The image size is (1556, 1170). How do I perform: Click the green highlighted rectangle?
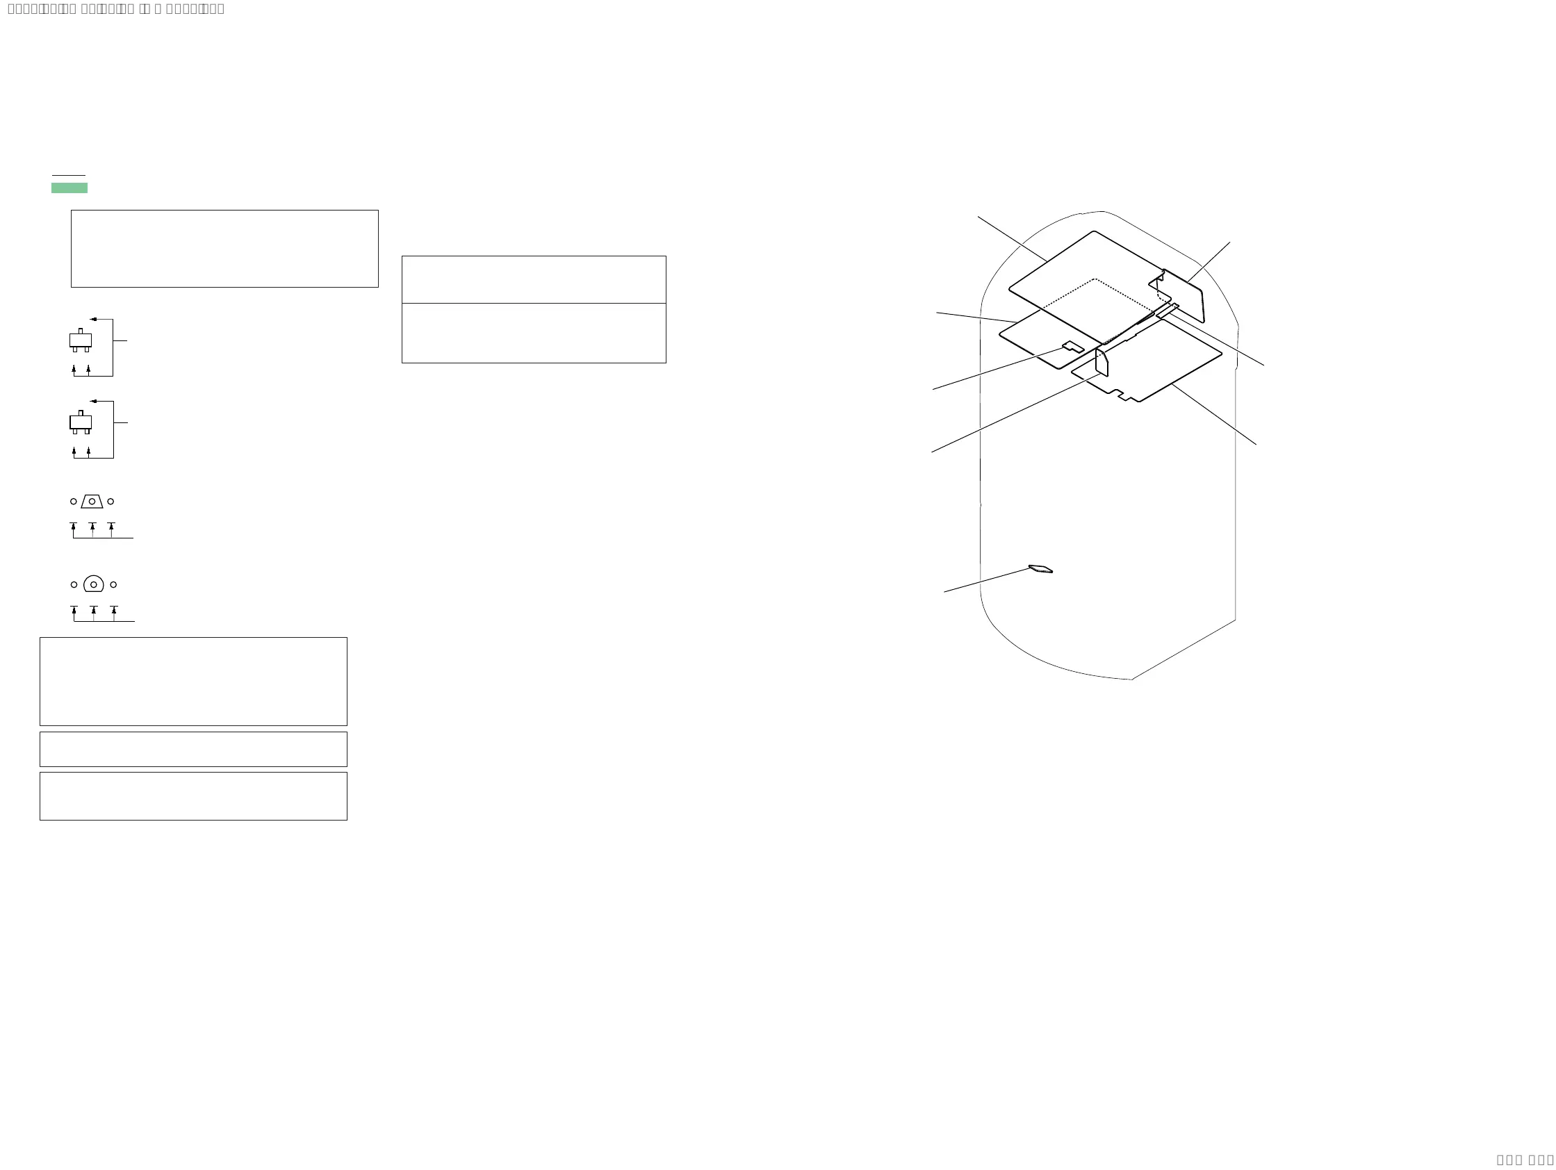pyautogui.click(x=69, y=188)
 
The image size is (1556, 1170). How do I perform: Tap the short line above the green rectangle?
pyautogui.click(x=68, y=175)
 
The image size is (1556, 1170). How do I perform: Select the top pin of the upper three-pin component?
pyautogui.click(x=80, y=331)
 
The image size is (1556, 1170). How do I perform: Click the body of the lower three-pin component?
pyautogui.click(x=80, y=422)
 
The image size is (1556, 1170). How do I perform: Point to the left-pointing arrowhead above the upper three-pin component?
pyautogui.click(x=93, y=319)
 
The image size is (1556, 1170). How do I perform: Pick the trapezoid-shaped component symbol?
pyautogui.click(x=92, y=502)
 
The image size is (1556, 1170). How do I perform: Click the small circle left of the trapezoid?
pyautogui.click(x=73, y=502)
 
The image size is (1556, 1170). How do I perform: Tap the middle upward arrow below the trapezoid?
pyautogui.click(x=92, y=527)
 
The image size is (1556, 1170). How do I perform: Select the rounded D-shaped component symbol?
pyautogui.click(x=94, y=584)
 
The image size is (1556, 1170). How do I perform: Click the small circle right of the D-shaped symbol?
pyautogui.click(x=113, y=584)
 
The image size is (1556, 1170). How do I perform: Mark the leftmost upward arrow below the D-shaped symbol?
pyautogui.click(x=74, y=610)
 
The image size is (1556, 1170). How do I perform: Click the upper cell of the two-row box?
pyautogui.click(x=533, y=280)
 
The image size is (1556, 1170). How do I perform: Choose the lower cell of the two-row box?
pyautogui.click(x=533, y=333)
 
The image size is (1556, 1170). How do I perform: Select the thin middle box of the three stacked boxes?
pyautogui.click(x=193, y=749)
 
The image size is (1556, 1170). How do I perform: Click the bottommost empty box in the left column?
pyautogui.click(x=193, y=796)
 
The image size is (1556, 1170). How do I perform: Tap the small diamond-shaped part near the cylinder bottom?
pyautogui.click(x=1041, y=569)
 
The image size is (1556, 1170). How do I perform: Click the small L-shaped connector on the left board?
pyautogui.click(x=1073, y=347)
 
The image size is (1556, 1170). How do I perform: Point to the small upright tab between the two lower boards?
pyautogui.click(x=1102, y=362)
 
